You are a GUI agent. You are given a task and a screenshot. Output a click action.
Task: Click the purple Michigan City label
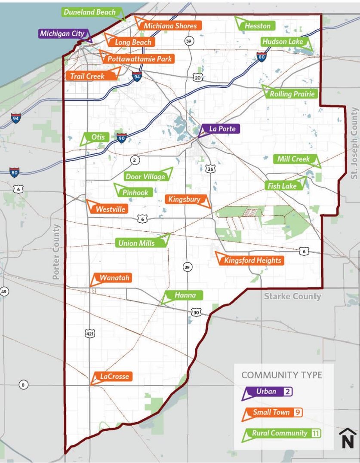pos(62,34)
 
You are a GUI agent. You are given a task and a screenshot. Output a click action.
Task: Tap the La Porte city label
pos(222,129)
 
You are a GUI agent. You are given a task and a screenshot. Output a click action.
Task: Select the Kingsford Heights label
pos(252,260)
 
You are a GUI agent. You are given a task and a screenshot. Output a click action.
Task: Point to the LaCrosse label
pos(114,377)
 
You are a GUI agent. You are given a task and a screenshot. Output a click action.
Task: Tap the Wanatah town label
pos(114,278)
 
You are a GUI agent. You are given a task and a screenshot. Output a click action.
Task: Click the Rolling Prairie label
pos(292,94)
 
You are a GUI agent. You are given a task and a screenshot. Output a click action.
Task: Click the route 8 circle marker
pos(23,385)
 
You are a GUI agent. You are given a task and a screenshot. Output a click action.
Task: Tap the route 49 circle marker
pos(4,292)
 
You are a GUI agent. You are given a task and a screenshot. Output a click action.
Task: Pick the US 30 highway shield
pos(196,313)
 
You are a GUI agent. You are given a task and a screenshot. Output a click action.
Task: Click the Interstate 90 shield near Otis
pos(122,138)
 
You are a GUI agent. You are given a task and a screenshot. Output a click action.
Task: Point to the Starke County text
pos(292,296)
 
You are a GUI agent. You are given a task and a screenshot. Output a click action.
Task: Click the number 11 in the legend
pos(316,433)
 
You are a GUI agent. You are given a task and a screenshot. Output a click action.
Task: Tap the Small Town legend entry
pos(271,413)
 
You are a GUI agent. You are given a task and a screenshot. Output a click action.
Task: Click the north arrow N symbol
pos(348,439)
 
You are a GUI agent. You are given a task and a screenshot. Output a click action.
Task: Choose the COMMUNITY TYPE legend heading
pos(281,375)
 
